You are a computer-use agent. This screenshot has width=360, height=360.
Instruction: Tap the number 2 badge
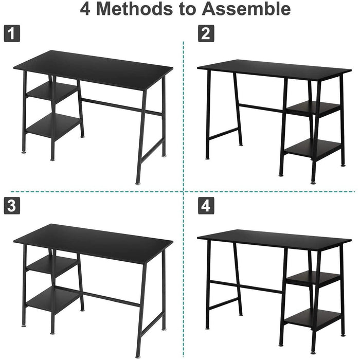[206, 34]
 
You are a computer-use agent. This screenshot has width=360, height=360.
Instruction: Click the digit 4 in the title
[86, 9]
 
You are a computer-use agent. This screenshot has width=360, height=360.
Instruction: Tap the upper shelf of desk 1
[51, 93]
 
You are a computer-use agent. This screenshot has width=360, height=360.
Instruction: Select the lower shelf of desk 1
[53, 125]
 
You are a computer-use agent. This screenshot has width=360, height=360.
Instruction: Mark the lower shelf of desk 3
[53, 299]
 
